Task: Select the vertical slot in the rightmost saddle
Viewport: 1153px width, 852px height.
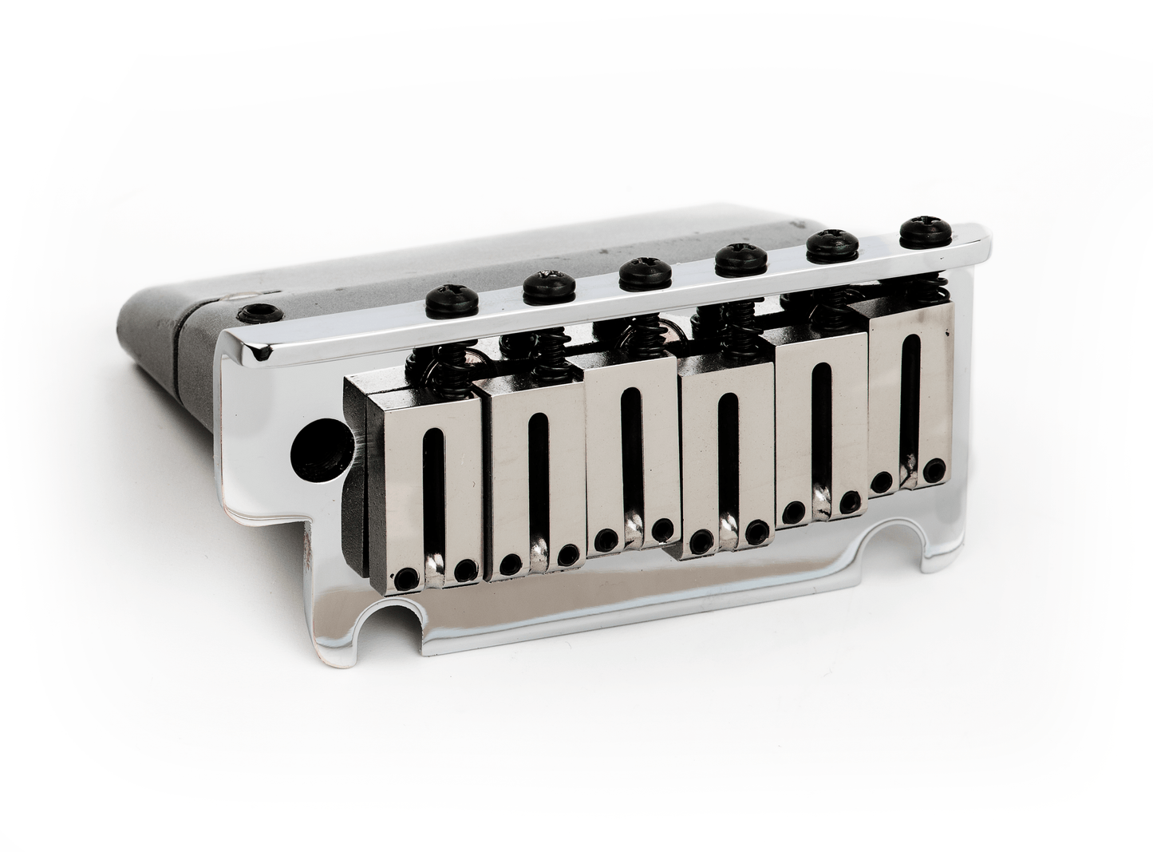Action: tap(908, 399)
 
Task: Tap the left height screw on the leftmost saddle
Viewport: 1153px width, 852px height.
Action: tap(409, 576)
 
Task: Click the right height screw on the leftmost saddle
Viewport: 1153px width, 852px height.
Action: tap(467, 569)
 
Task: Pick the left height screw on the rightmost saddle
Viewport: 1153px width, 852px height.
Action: tap(881, 482)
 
